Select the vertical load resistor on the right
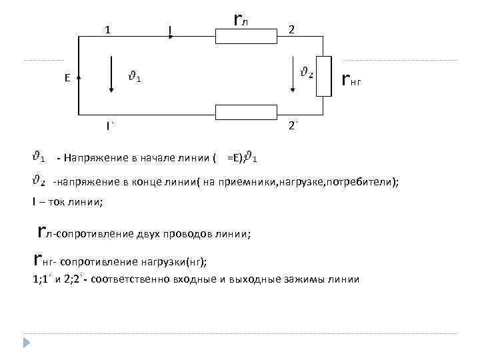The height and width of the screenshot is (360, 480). (325, 75)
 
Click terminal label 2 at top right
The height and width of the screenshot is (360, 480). (291, 29)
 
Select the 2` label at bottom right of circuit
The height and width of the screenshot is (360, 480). (292, 125)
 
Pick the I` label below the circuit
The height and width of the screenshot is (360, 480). (109, 125)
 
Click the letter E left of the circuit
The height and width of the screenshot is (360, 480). (67, 78)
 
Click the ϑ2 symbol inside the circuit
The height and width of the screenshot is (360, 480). (307, 73)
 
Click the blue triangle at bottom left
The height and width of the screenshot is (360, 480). (27, 343)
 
